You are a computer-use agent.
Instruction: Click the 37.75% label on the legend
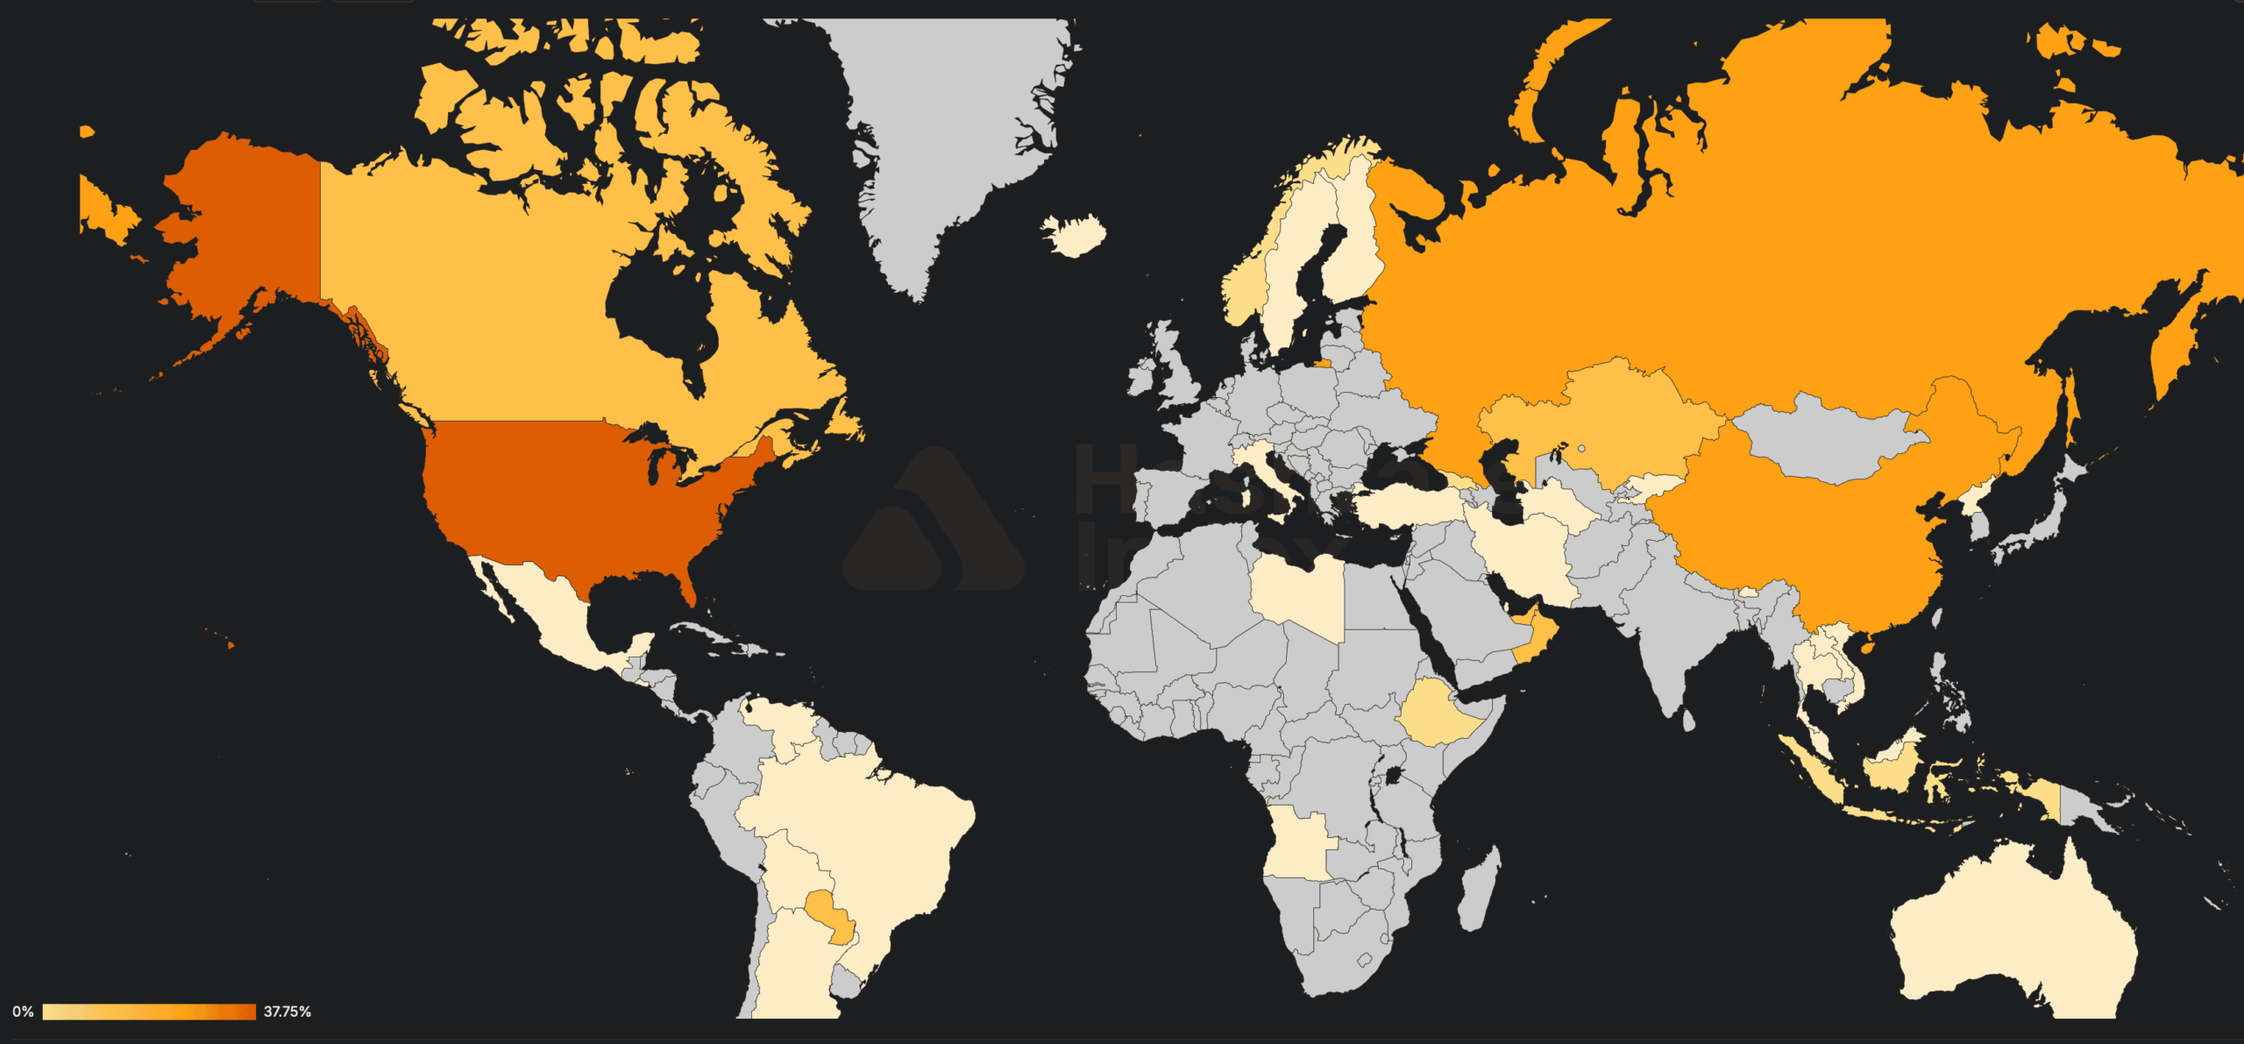[x=287, y=1012]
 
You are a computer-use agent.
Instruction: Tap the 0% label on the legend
[x=23, y=1012]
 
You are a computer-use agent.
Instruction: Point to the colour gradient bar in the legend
[x=149, y=1012]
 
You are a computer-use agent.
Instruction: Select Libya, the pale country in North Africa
[x=1296, y=596]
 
